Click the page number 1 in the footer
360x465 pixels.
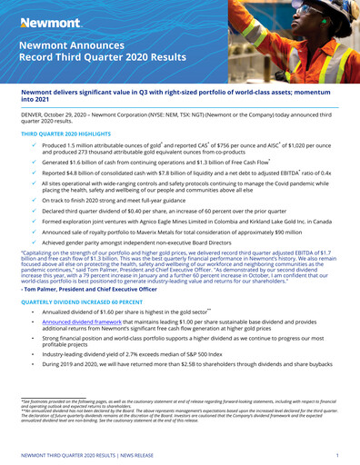point(337,451)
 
